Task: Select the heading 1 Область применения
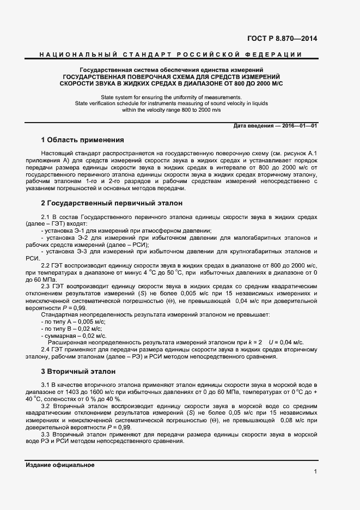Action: [x=83, y=140]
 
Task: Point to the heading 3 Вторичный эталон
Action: [x=78, y=372]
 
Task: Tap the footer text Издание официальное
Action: [x=60, y=465]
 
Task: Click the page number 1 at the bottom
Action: [x=315, y=471]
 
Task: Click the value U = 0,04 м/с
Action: [x=286, y=342]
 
